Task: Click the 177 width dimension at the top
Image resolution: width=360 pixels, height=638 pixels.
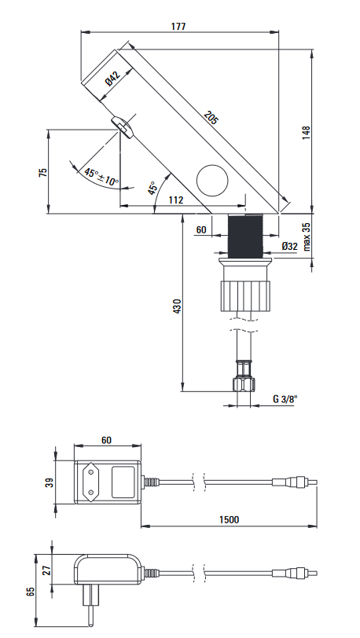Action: [178, 27]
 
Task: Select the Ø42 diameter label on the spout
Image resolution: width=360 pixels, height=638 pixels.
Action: [113, 79]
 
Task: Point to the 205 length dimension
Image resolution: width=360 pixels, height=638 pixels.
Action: [211, 117]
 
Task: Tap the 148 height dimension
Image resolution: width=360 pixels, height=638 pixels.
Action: [307, 133]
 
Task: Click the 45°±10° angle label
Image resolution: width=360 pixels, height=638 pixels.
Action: [101, 177]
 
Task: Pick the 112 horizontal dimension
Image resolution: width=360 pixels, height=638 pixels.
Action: [176, 200]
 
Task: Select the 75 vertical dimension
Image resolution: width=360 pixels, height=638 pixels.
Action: [42, 172]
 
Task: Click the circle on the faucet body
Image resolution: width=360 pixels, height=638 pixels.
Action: [212, 180]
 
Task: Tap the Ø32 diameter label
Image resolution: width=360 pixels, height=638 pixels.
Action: [289, 246]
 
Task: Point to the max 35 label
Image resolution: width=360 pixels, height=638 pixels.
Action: [307, 236]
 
